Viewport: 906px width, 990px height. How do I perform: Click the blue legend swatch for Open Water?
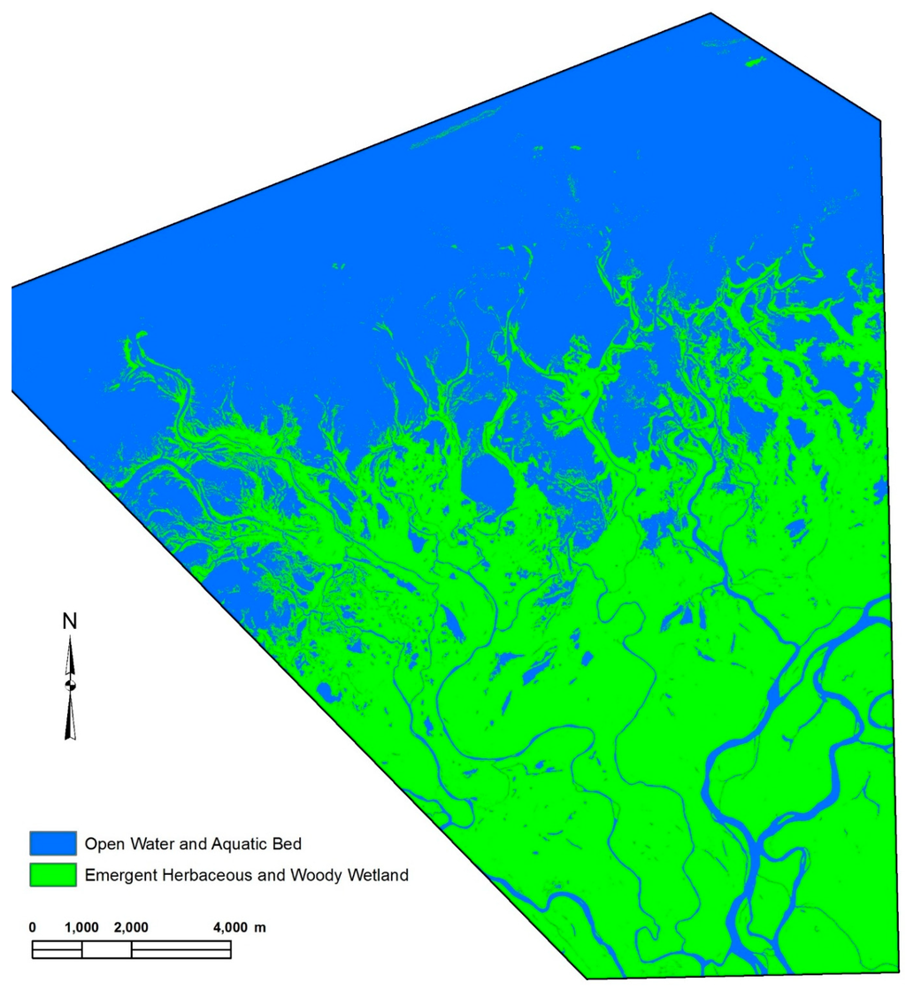click(52, 840)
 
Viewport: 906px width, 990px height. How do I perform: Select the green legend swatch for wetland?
click(52, 876)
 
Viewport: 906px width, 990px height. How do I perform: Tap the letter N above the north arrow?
click(70, 622)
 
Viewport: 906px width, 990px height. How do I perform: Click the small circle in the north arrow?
click(71, 686)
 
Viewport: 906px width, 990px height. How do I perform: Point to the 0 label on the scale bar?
click(33, 928)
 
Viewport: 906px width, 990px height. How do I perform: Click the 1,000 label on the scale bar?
click(81, 928)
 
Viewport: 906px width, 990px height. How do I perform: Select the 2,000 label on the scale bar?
click(131, 928)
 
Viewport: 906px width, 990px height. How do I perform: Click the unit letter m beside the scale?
click(260, 928)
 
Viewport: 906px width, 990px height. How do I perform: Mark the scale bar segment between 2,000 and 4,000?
click(180, 950)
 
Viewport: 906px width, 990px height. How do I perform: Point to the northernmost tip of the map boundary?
click(711, 13)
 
